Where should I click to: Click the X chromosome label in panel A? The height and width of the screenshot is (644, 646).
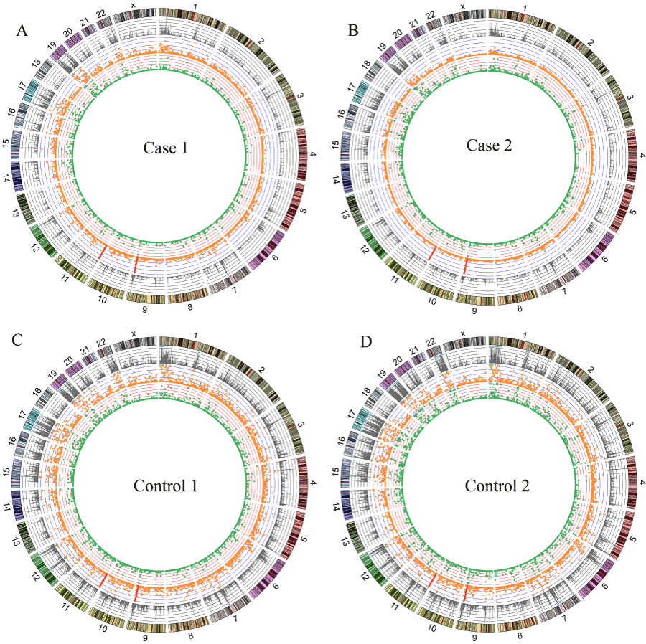click(134, 6)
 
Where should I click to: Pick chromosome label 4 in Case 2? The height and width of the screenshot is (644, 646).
click(641, 156)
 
